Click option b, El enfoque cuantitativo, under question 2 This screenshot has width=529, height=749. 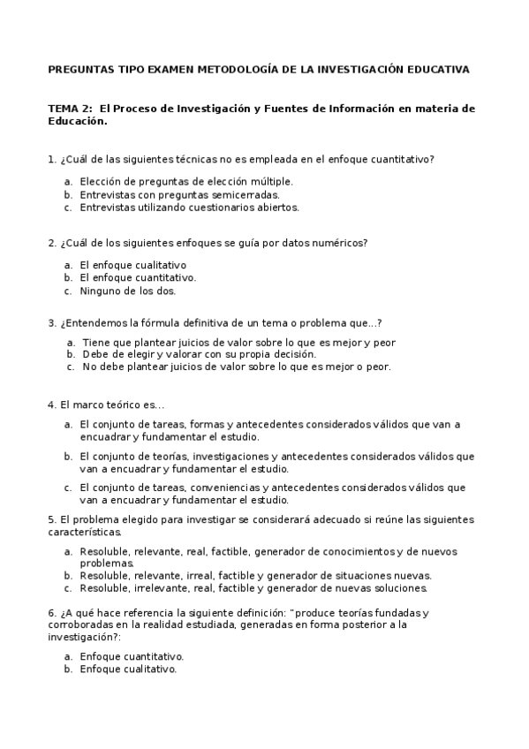click(x=138, y=277)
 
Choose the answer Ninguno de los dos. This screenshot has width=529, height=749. click(x=127, y=291)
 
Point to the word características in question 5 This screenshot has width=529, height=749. click(x=85, y=533)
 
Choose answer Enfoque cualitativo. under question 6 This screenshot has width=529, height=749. click(x=128, y=670)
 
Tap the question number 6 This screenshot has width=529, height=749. click(x=50, y=613)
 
